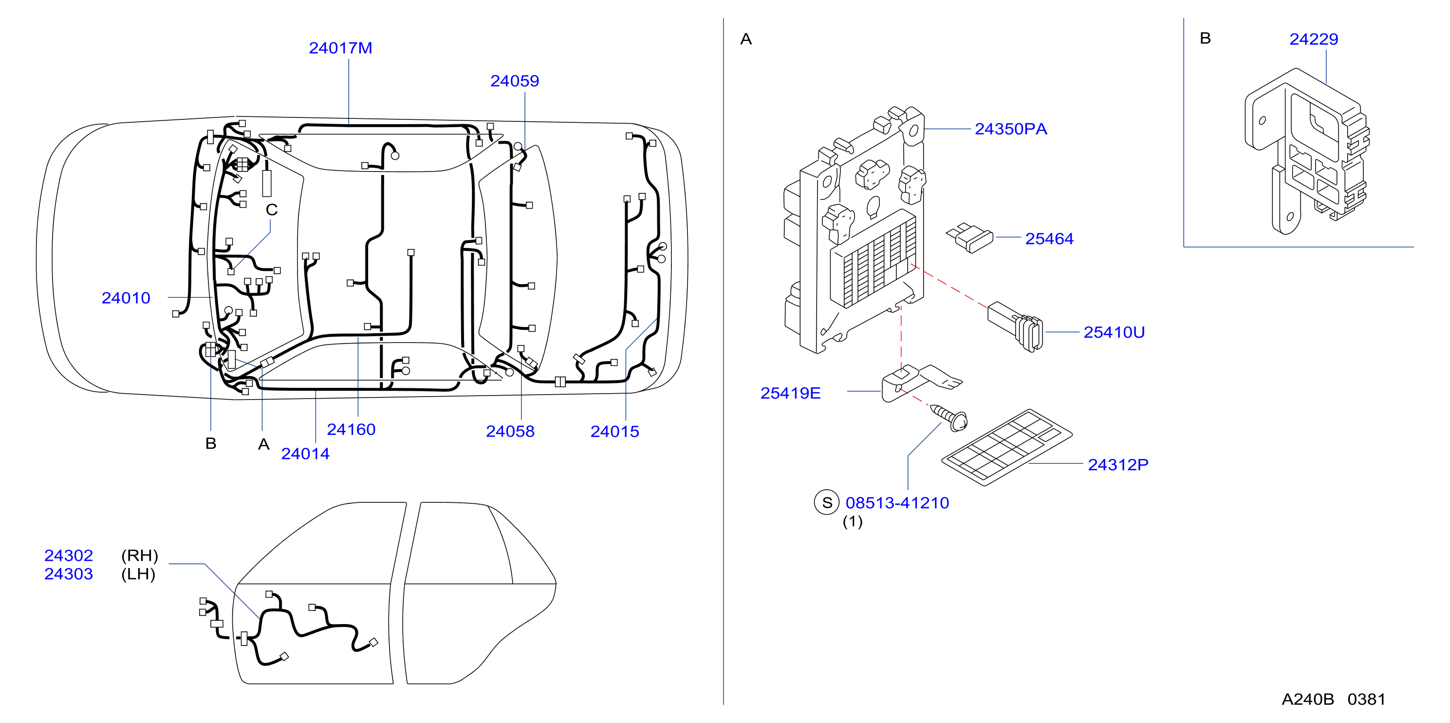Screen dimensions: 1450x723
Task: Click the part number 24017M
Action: [x=340, y=48]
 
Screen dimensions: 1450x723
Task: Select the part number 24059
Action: [x=515, y=81]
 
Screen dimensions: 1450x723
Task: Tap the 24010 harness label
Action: [x=126, y=298]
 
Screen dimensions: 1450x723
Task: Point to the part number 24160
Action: [x=351, y=430]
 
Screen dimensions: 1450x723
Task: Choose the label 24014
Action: [x=305, y=454]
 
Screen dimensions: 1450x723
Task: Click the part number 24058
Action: [x=510, y=431]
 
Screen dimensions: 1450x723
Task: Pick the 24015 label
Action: [x=614, y=431]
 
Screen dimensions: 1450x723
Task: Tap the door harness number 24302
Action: [x=69, y=556]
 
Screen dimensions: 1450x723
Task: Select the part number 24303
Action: [x=69, y=574]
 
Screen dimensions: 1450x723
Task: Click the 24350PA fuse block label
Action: [x=1011, y=130]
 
